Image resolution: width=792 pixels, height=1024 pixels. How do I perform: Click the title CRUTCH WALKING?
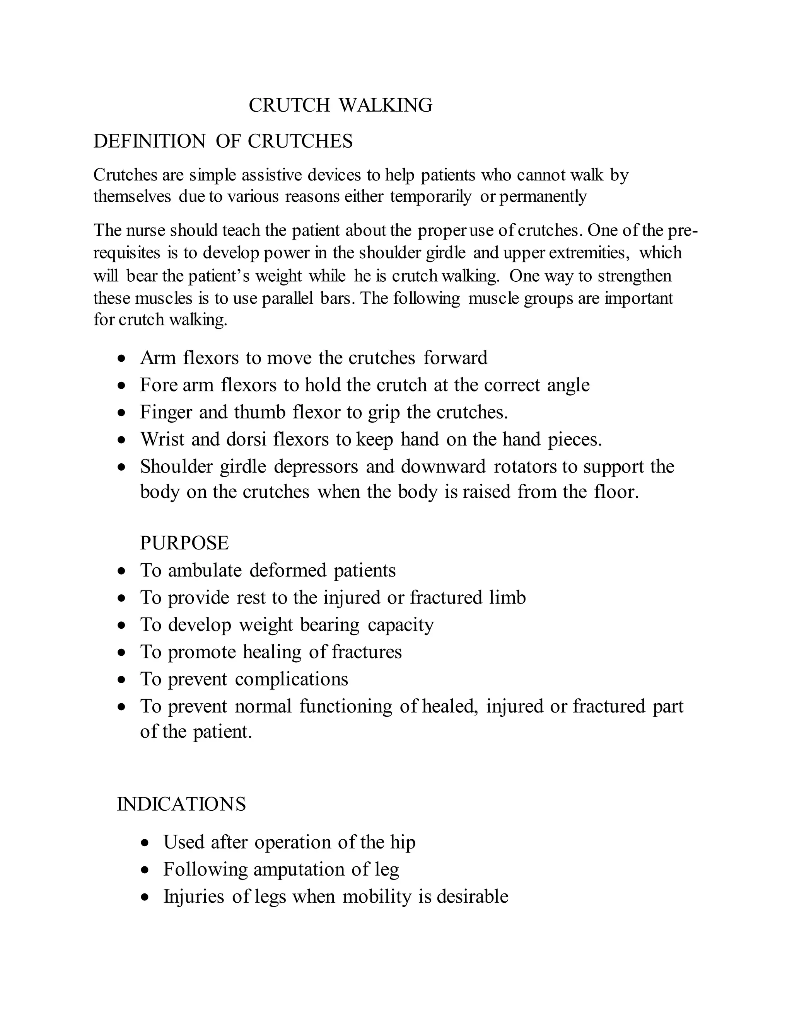[340, 105]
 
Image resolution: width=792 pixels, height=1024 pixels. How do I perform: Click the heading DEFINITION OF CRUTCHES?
[223, 141]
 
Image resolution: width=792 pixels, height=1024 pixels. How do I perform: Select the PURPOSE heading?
[184, 543]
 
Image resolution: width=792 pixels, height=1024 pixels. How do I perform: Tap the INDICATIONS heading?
[181, 804]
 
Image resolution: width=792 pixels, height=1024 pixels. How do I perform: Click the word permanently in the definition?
[543, 196]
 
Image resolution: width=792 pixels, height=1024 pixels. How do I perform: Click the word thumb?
[259, 413]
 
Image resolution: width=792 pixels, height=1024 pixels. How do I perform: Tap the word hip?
[403, 842]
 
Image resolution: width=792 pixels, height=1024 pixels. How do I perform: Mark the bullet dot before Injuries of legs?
[145, 897]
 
